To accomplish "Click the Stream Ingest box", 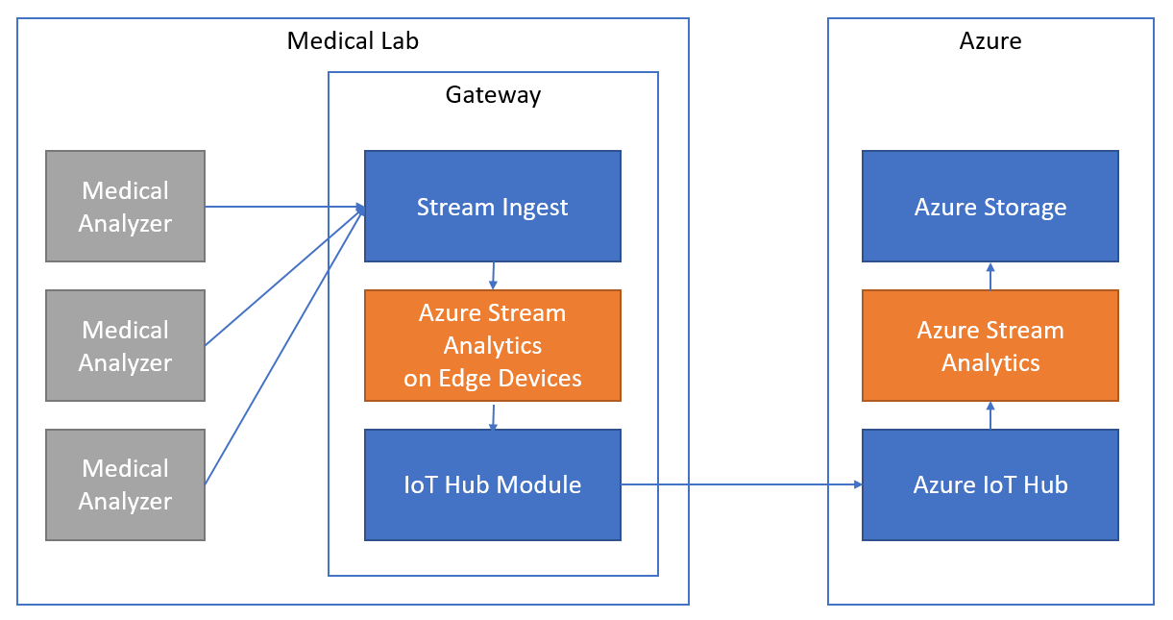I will tap(492, 206).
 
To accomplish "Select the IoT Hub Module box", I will tap(492, 484).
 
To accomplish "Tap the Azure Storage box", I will tap(990, 206).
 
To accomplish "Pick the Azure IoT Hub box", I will tap(990, 484).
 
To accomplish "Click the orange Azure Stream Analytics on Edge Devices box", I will tap(492, 345).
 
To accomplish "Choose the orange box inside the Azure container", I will tap(990, 345).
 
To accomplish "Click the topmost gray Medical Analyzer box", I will tap(125, 206).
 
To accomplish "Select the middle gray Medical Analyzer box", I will tap(125, 345).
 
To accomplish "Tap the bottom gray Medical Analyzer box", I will tap(125, 484).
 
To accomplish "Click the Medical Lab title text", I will tap(353, 41).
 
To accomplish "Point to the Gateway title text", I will tap(493, 95).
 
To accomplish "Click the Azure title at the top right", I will tap(990, 41).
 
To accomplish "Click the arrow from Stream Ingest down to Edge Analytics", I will tap(493, 275).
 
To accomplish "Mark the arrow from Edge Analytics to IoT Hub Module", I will tap(493, 415).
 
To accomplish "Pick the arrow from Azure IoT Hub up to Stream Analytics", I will tap(990, 415).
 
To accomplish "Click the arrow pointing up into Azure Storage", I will tap(990, 276).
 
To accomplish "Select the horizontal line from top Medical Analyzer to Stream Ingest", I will tap(283, 206).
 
